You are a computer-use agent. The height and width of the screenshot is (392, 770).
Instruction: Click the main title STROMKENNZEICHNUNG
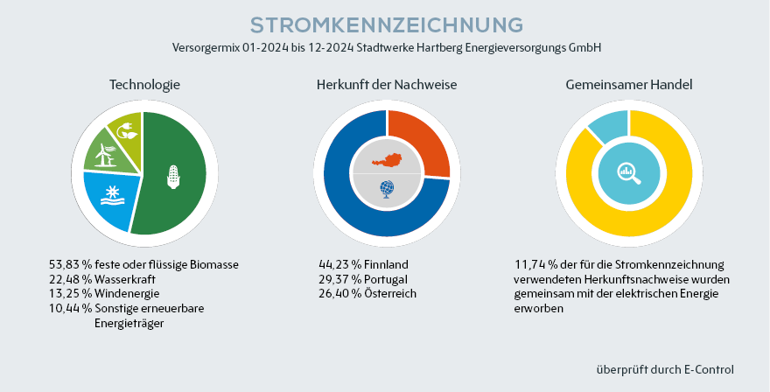(x=386, y=24)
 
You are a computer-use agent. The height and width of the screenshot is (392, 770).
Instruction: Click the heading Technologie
(x=144, y=85)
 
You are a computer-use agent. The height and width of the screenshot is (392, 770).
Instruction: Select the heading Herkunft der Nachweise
(x=387, y=85)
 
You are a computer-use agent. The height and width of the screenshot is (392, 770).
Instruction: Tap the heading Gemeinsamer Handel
(x=629, y=85)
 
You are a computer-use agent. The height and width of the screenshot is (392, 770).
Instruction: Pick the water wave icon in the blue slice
(x=113, y=195)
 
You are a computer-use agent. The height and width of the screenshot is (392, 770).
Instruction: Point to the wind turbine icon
(x=105, y=156)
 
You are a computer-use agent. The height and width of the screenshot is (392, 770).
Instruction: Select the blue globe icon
(x=387, y=188)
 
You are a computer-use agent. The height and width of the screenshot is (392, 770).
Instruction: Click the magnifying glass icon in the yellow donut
(x=629, y=173)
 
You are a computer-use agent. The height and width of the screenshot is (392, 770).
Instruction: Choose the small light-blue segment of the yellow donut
(x=606, y=127)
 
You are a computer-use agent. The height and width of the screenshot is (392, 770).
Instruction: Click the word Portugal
(x=386, y=279)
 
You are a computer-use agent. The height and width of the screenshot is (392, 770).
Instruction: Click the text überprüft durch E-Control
(x=664, y=369)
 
